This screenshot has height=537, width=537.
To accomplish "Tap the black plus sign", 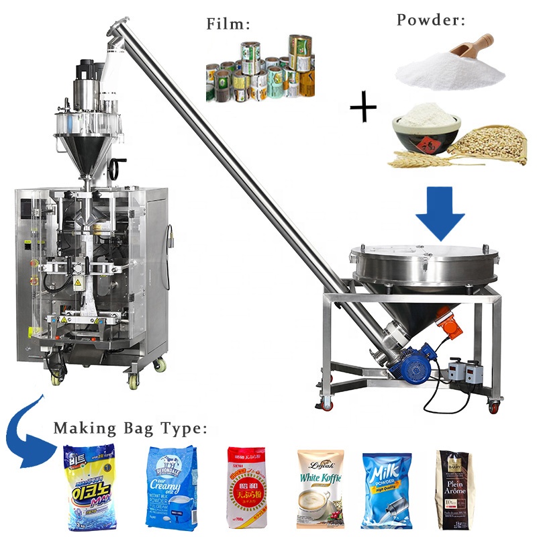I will [363, 107].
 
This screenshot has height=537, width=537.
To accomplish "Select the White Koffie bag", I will [320, 487].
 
